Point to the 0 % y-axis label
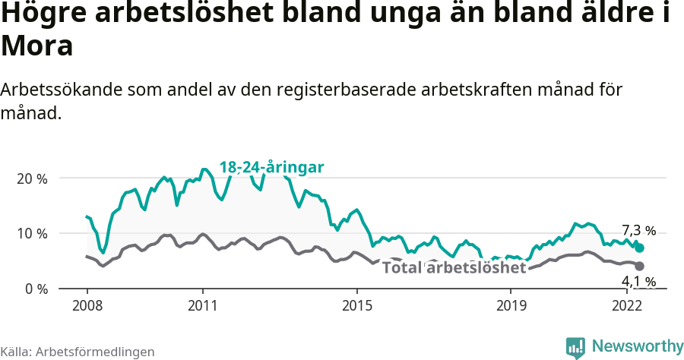pos(35,289)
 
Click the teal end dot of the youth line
pos(640,248)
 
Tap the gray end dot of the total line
pos(640,266)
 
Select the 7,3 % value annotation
pos(638,230)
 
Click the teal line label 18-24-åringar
pos(272,167)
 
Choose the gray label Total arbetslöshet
pos(454,267)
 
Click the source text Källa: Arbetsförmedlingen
pos(78,352)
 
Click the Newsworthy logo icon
pos(575,347)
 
